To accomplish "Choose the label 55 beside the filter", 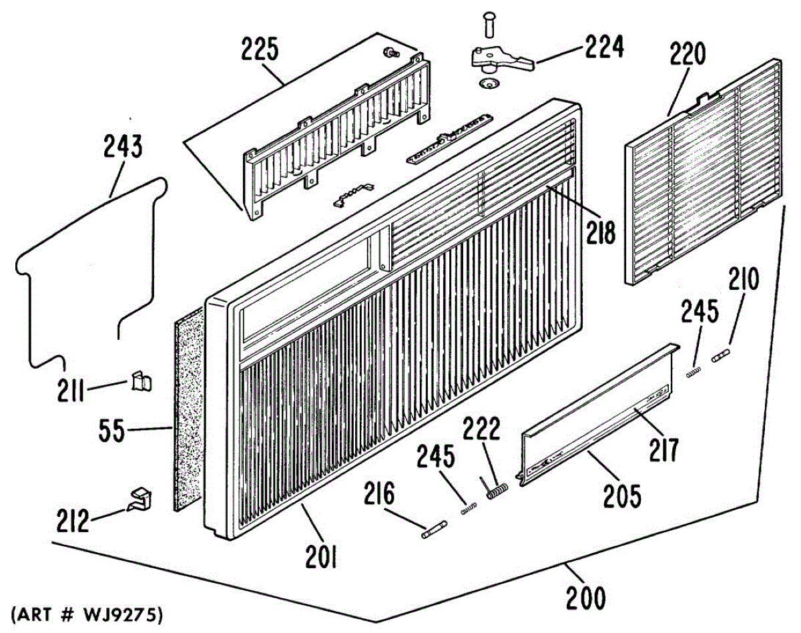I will (x=111, y=431).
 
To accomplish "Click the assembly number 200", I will (x=585, y=596).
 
